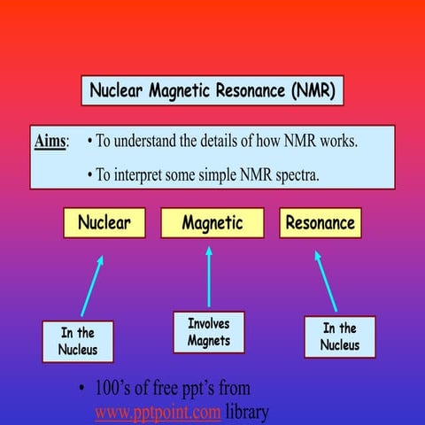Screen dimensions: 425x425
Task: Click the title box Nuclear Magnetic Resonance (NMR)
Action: [x=212, y=91]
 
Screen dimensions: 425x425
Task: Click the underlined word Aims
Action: [x=50, y=142]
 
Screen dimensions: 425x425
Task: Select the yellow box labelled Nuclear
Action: [x=104, y=223]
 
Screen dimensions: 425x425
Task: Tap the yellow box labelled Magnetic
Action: [x=212, y=223]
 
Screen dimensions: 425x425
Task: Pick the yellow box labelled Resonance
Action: [x=320, y=223]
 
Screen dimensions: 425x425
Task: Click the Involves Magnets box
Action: [x=209, y=333]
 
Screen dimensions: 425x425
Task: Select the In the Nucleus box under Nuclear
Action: [x=78, y=342]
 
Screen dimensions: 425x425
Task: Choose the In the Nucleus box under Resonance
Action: [x=340, y=336]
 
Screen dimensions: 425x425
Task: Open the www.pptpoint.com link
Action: [x=158, y=413]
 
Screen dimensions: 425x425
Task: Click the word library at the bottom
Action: [x=247, y=413]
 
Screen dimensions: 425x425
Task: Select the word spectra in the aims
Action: [x=293, y=174]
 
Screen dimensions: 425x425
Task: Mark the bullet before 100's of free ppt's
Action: [x=81, y=390]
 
